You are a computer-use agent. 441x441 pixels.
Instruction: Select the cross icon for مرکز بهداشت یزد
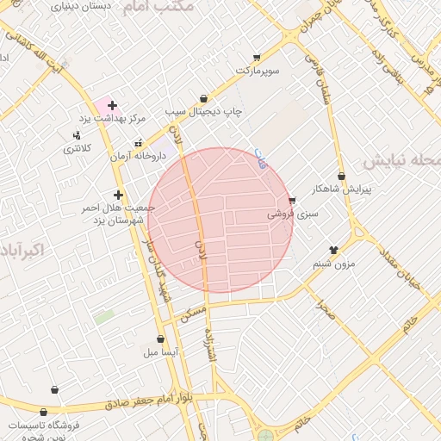(112, 104)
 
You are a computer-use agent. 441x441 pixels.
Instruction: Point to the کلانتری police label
(77, 148)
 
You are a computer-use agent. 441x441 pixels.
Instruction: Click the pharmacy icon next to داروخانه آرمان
(138, 144)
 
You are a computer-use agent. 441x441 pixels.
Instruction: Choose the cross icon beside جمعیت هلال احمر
(118, 196)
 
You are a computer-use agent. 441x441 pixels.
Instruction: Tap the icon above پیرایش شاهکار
(342, 176)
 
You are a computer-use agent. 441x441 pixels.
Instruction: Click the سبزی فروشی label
(292, 214)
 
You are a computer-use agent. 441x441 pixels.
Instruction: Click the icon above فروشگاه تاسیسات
(55, 389)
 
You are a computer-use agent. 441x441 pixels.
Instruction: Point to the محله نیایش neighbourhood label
(401, 161)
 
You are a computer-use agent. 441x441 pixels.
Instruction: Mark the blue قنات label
(261, 158)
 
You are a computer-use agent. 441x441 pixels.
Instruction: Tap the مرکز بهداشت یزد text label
(113, 117)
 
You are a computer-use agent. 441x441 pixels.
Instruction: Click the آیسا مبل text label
(160, 352)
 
